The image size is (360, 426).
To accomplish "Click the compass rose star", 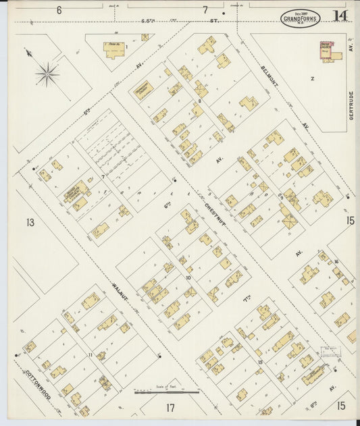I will click(47, 74).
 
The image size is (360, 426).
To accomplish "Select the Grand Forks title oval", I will click(301, 18).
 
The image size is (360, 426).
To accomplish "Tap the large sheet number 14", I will click(340, 16).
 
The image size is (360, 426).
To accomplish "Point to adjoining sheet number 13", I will click(30, 222).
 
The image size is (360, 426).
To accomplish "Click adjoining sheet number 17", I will click(170, 407).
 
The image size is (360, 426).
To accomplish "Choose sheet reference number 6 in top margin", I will click(59, 10).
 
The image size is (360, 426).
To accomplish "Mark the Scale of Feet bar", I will click(166, 392).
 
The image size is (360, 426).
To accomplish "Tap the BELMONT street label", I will click(273, 79).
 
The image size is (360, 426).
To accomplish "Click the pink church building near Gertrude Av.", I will click(330, 51).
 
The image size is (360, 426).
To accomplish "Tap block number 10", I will click(188, 277).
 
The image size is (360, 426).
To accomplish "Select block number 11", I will click(90, 354).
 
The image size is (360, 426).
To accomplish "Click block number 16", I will click(335, 262).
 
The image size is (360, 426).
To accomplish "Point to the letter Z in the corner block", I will click(312, 78).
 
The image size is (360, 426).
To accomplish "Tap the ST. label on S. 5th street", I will click(215, 20).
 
